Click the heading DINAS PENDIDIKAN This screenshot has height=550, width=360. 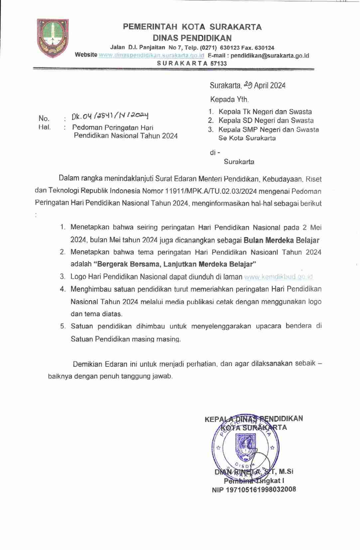(x=192, y=38)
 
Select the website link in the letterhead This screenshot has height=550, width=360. (x=151, y=55)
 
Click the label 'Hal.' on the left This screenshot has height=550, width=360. (x=45, y=127)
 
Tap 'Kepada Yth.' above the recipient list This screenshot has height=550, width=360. (x=229, y=99)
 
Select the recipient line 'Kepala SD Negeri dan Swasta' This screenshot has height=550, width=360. (x=266, y=121)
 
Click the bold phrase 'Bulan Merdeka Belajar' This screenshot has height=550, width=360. (x=282, y=240)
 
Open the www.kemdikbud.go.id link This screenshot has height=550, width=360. (x=279, y=277)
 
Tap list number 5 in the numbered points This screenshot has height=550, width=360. (x=63, y=326)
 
